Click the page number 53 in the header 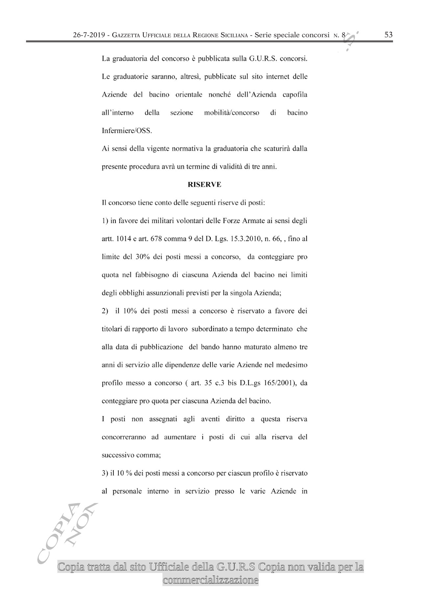coord(388,35)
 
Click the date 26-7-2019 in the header coord(90,35)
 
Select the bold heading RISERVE coord(204,185)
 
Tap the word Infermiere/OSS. coord(127,131)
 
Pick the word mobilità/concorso coord(232,113)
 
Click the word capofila coord(295,95)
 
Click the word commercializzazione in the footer coord(210,580)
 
